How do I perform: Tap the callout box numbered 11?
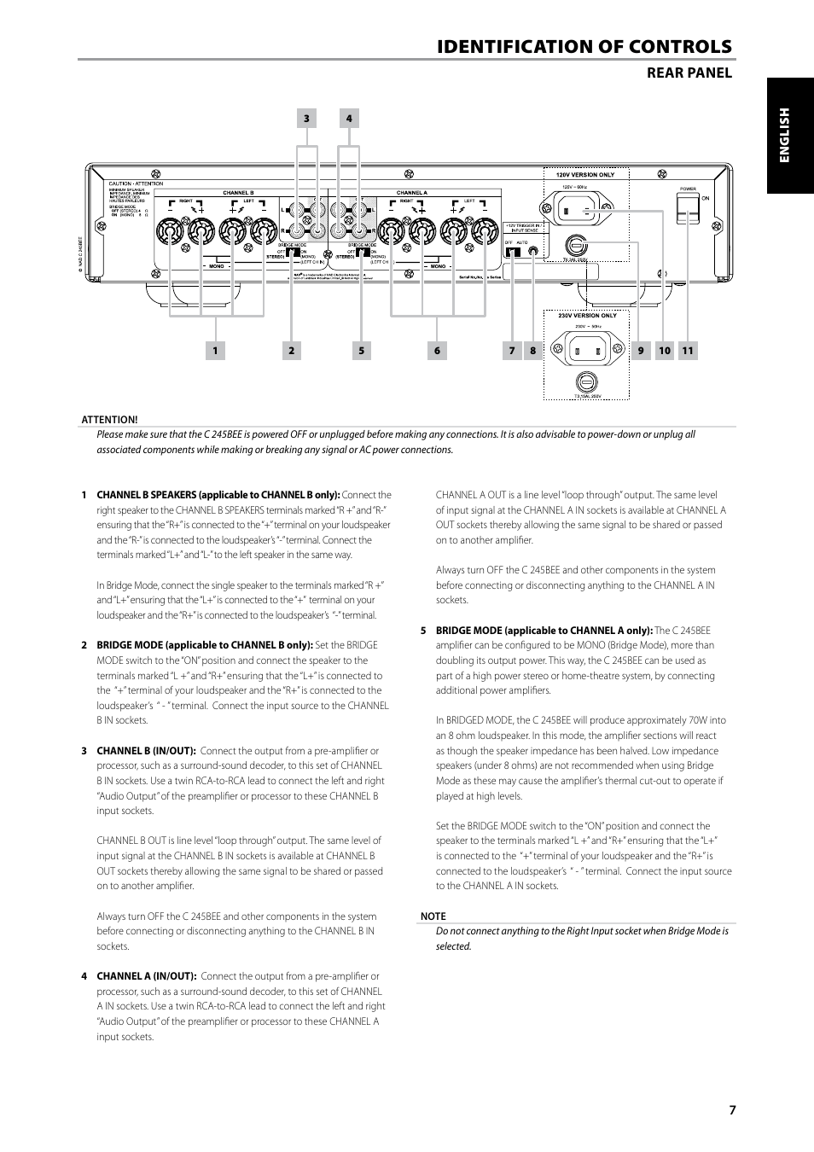click(x=688, y=350)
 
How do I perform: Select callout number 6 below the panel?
click(x=437, y=350)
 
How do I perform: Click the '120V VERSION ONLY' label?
click(x=586, y=175)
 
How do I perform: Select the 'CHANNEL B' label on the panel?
click(x=238, y=193)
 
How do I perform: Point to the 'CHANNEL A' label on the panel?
click(x=412, y=193)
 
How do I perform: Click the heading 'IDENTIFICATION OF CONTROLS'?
click(x=584, y=47)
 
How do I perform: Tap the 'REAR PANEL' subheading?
click(x=689, y=73)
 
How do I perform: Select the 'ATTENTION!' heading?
click(x=109, y=419)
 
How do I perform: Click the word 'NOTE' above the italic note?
click(x=433, y=916)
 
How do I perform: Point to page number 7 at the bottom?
click(x=732, y=1110)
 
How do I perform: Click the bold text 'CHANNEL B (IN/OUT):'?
click(x=146, y=751)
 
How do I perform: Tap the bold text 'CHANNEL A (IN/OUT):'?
click(x=146, y=976)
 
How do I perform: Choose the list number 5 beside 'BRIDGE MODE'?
click(x=423, y=631)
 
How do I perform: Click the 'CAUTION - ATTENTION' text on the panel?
click(x=135, y=183)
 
